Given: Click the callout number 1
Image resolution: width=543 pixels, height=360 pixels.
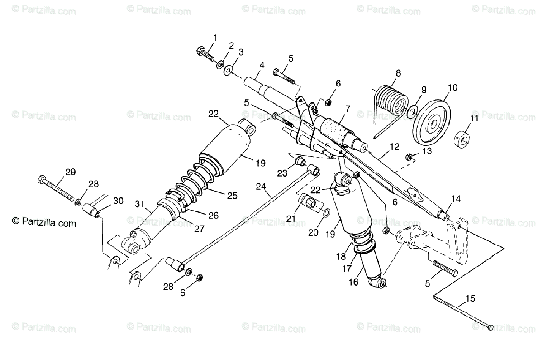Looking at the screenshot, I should pos(215,37).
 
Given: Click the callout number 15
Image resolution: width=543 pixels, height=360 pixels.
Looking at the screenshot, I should pos(471,298).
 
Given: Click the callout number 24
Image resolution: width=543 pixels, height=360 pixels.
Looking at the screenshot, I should pos(261,186).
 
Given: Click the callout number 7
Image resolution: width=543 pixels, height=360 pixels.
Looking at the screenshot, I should pos(348,108).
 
